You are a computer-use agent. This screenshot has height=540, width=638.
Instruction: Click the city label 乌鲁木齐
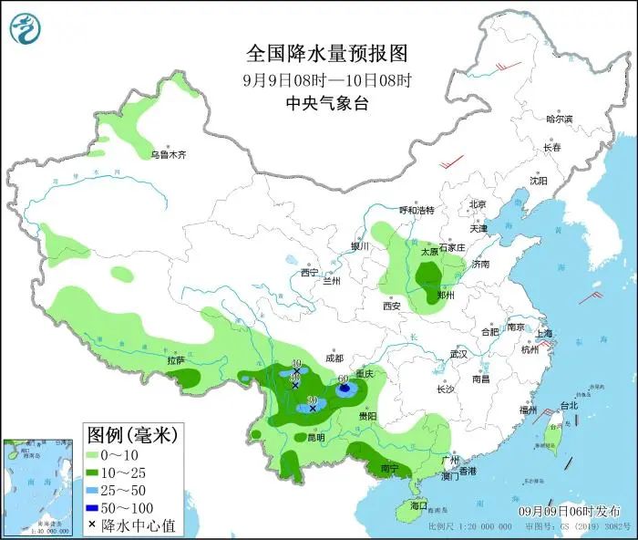tap(168, 155)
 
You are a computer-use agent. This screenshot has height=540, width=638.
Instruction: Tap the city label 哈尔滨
tap(559, 119)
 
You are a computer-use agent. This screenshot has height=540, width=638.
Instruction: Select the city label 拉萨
tap(175, 361)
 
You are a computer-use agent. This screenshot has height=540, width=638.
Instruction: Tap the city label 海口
tap(417, 504)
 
